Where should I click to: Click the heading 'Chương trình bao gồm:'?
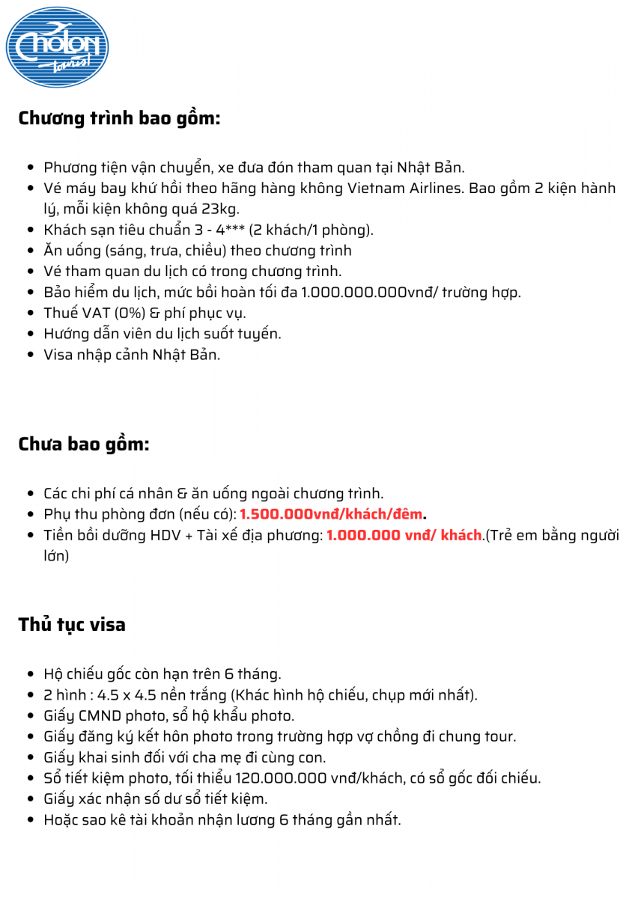tap(119, 118)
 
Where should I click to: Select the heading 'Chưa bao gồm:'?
tap(84, 444)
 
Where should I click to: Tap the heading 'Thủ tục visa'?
tap(72, 624)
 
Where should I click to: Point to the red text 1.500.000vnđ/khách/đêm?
tap(331, 514)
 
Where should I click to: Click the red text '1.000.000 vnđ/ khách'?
tap(404, 535)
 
